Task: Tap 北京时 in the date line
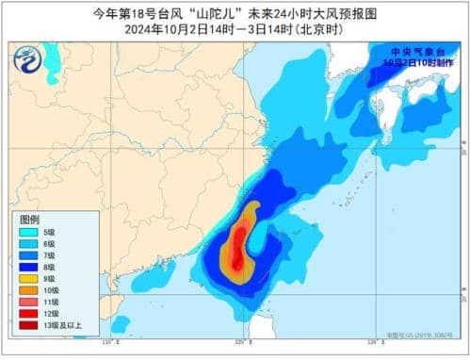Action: click(x=317, y=28)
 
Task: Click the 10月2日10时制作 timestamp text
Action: click(x=423, y=61)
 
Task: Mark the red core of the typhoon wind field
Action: click(x=240, y=236)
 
